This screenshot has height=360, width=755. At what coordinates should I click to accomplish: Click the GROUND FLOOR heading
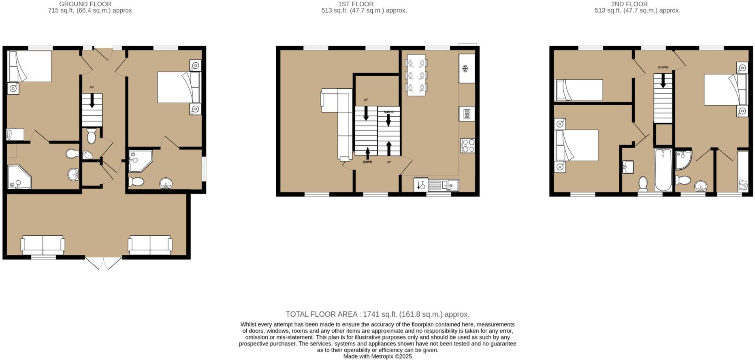pos(85,4)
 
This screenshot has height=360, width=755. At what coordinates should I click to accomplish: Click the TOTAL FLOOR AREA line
pos(377,314)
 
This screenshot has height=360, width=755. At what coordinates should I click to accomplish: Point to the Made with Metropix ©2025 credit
pos(377,356)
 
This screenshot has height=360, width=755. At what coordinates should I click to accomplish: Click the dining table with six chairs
pos(416,75)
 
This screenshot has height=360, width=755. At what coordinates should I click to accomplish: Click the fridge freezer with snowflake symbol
pos(466,68)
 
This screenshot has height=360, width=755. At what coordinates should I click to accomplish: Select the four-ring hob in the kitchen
pos(467,146)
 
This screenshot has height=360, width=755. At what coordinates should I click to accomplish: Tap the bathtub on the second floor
pos(663,170)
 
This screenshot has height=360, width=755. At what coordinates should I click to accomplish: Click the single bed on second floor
pos(578,90)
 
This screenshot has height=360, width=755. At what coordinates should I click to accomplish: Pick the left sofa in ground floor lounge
pos(43,245)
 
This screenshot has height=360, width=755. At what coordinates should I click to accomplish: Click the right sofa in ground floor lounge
pos(150,245)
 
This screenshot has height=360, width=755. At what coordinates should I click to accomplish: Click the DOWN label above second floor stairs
pos(663,67)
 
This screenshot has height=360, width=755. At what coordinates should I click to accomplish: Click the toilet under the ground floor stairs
pos(91,136)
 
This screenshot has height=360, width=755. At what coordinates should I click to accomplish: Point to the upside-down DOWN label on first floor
pos(388,111)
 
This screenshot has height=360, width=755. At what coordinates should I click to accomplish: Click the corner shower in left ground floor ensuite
pos(18,177)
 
